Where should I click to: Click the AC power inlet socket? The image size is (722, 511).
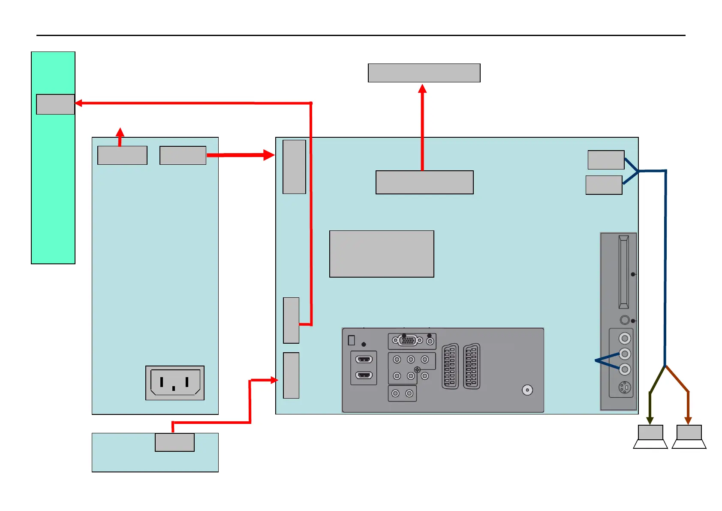175,382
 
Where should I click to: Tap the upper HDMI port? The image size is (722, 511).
364,360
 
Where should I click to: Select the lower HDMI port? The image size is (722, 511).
364,375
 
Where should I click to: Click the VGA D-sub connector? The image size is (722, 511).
408,341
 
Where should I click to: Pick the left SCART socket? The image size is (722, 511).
450,366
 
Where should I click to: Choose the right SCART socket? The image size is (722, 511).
472,366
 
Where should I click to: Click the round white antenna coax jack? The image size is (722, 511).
527,390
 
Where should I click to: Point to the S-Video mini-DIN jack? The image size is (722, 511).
625,388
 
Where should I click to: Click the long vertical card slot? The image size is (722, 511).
623,272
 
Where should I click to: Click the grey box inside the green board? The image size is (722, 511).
55,104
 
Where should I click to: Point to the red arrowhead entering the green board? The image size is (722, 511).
78,103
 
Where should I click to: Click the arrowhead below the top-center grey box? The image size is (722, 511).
422,88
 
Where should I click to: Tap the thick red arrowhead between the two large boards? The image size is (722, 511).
269,155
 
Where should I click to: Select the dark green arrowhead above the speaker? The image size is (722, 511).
650,420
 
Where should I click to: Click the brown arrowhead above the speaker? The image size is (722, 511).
688,420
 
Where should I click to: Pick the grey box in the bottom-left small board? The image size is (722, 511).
174,442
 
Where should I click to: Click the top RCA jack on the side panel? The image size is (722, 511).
625,339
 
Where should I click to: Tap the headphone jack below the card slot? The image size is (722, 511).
625,320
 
